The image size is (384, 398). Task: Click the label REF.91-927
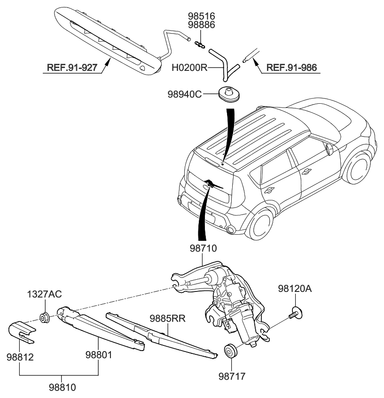(x=72, y=68)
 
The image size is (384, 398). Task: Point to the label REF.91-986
(x=291, y=68)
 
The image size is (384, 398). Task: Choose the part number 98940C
(x=185, y=94)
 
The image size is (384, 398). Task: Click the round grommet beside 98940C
(x=230, y=93)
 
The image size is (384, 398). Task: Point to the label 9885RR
(x=168, y=318)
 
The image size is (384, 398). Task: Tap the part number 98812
(x=20, y=357)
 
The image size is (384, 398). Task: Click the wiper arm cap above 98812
(x=22, y=331)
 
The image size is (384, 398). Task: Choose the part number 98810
(x=63, y=388)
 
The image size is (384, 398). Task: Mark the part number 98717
(x=232, y=376)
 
